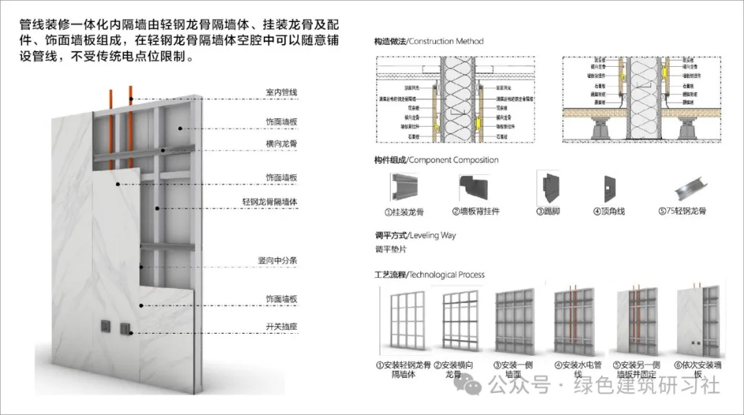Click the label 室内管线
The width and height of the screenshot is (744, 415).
[281, 92]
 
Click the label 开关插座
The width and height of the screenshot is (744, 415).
[281, 326]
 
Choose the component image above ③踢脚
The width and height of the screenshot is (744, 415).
[548, 187]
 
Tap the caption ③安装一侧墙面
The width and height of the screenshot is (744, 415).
[516, 370]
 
